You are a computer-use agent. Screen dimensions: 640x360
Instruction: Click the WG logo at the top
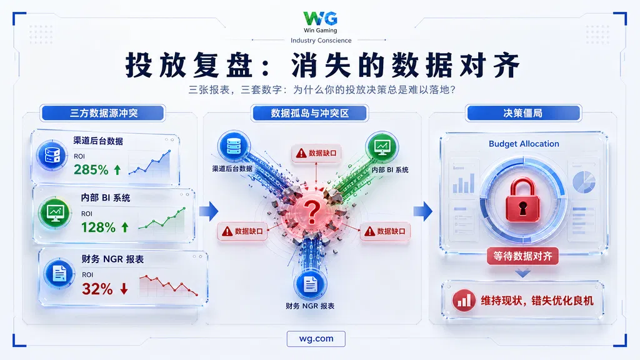(x=320, y=18)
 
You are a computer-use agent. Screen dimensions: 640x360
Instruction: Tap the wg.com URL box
(x=316, y=339)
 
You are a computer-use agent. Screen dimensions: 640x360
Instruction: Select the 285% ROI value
(x=91, y=169)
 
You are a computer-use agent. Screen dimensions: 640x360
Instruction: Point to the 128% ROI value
(x=98, y=227)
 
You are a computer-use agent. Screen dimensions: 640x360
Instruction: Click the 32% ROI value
(x=97, y=289)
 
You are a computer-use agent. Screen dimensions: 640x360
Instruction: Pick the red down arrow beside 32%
(x=124, y=289)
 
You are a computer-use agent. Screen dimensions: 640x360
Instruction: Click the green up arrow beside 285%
(x=117, y=169)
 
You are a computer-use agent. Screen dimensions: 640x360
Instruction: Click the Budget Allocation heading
(x=524, y=144)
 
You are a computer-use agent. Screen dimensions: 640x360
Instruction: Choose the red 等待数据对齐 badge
(x=522, y=256)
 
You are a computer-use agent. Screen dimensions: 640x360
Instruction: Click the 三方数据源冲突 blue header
(x=103, y=113)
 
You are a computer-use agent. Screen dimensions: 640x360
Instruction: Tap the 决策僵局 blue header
(x=523, y=113)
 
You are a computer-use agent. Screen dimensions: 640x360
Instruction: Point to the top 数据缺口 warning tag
(x=316, y=154)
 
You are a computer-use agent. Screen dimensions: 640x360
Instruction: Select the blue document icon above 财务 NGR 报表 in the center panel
(x=310, y=284)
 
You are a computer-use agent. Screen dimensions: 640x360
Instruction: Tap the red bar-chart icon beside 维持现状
(x=464, y=301)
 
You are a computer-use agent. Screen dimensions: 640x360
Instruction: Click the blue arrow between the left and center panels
(x=209, y=211)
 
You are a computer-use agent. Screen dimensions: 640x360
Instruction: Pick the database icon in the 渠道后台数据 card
(x=52, y=156)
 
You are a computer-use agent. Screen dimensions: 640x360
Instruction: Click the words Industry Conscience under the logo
(x=321, y=41)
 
